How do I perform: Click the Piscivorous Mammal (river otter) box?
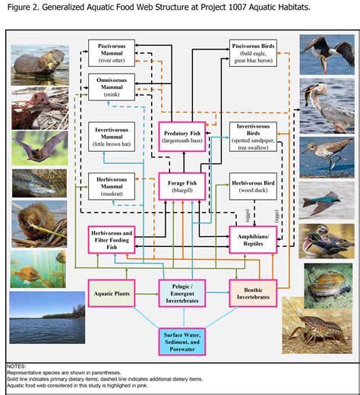click(x=112, y=51)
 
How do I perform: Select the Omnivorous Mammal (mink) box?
click(x=112, y=87)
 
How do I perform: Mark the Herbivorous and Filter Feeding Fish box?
click(x=112, y=239)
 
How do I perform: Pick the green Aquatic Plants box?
click(x=112, y=292)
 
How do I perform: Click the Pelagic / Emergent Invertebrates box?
click(x=182, y=292)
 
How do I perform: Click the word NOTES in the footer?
click(x=17, y=367)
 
